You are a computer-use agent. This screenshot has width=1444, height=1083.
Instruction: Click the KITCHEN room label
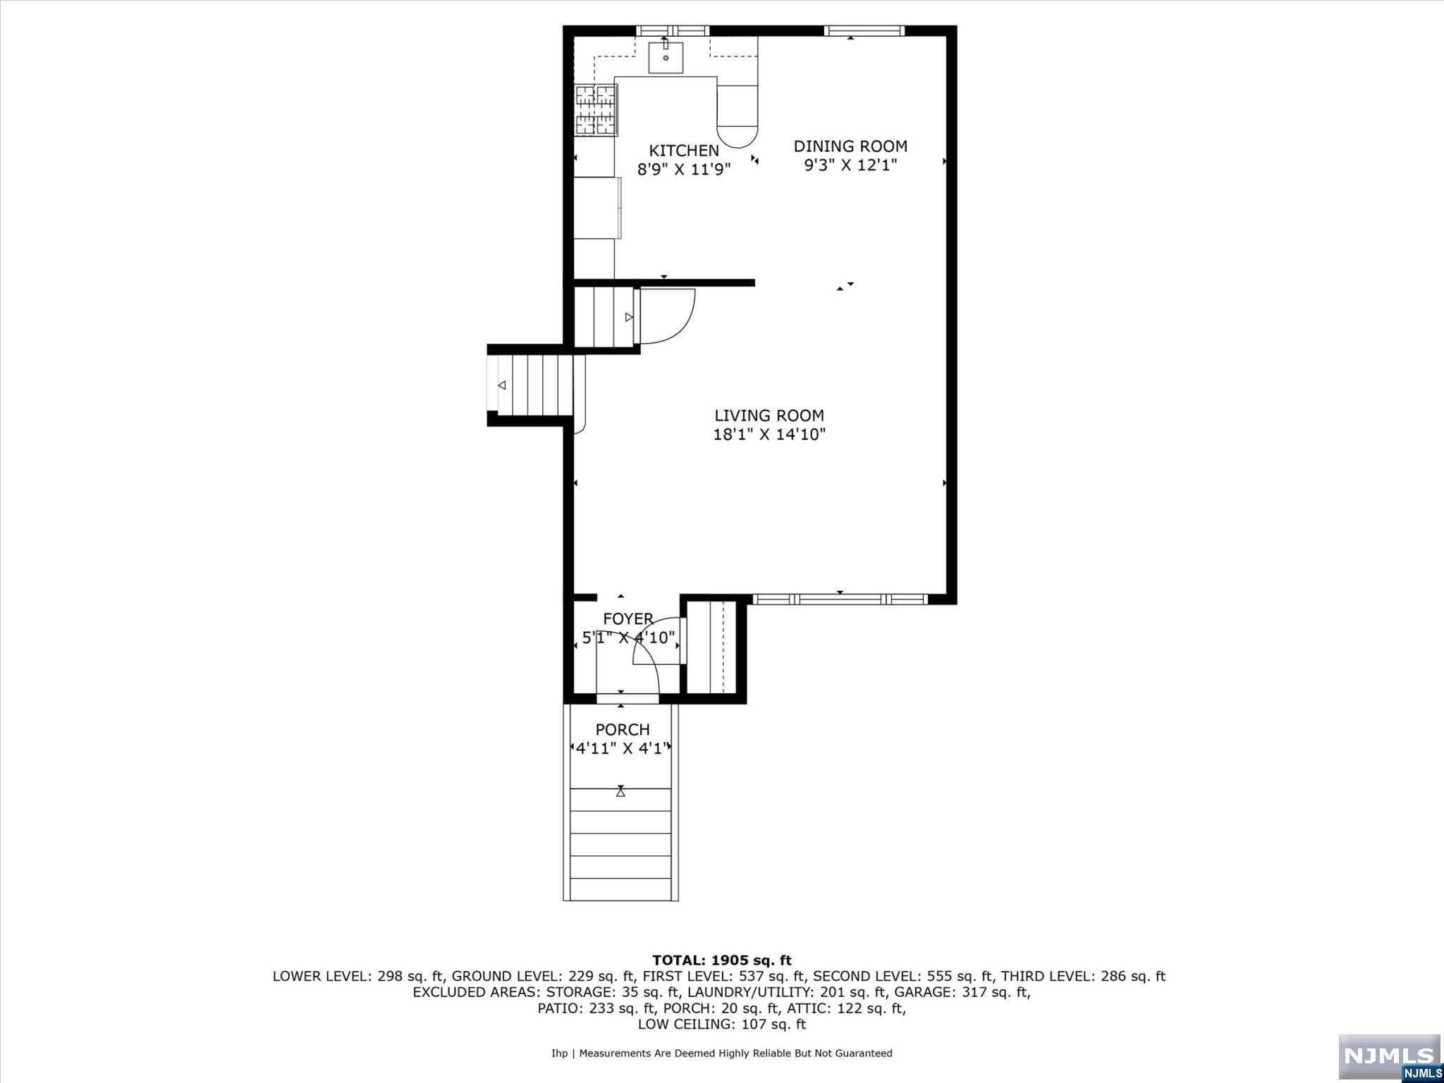683,150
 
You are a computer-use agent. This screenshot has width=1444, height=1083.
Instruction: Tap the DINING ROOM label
850,146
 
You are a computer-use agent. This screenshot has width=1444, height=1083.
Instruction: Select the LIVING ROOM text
769,416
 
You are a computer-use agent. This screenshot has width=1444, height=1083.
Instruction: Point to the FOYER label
628,619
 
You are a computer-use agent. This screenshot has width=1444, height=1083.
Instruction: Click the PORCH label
623,730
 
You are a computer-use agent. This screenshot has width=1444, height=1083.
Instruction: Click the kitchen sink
666,57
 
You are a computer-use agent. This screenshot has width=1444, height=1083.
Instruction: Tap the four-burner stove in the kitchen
596,110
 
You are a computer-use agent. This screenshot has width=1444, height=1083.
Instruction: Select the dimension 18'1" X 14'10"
769,434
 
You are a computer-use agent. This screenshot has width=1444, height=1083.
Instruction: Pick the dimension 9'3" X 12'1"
850,165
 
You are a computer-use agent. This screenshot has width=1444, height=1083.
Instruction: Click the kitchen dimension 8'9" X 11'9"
683,169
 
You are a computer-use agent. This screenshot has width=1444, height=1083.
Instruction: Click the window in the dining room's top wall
864,30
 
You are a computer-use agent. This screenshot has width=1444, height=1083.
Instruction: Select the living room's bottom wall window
839,599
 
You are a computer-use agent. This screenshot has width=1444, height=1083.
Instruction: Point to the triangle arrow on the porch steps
620,792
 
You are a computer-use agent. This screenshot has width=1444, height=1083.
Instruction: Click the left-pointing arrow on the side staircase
502,385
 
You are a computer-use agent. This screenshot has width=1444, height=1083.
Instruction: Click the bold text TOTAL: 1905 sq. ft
721,960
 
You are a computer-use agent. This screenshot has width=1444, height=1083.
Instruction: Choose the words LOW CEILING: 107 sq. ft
721,1024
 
